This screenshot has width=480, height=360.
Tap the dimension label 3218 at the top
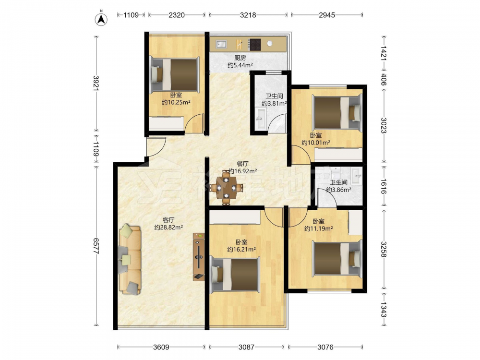pos(248,15)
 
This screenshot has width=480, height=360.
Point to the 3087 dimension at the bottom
pos(246,347)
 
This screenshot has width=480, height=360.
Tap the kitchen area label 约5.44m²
pos(240,65)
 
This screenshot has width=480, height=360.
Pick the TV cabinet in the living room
pos(199,256)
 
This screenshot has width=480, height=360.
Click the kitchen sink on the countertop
pos(221,44)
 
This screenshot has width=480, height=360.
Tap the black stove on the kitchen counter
pos(254,44)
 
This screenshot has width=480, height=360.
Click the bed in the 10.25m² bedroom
pos(175,75)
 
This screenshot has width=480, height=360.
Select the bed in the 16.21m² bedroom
pos(235,274)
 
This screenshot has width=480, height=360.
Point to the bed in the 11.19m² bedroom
pos(337,258)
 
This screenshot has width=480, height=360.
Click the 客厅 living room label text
pos(168,220)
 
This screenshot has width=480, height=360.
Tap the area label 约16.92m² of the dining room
pos(243,171)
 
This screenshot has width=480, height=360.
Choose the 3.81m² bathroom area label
pos(274,104)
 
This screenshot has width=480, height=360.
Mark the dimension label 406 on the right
pos(384,79)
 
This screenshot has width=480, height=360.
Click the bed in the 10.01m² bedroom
pos(337,112)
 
